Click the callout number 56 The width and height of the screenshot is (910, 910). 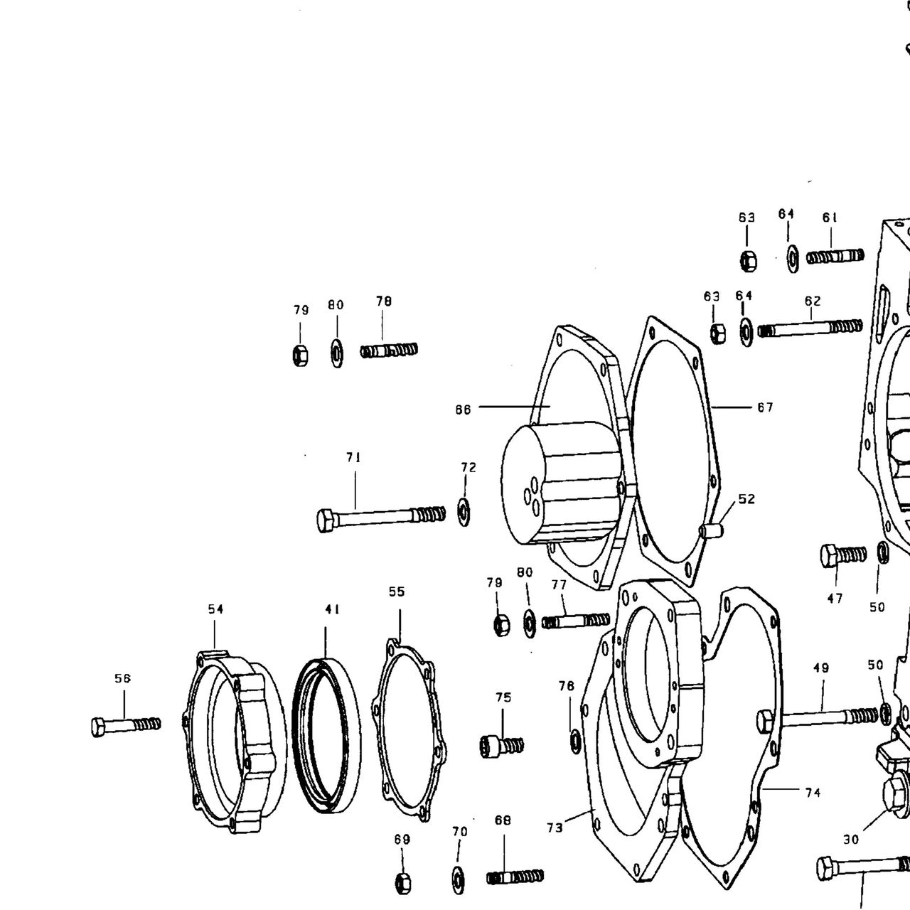click(x=122, y=679)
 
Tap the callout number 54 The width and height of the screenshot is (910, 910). click(x=216, y=609)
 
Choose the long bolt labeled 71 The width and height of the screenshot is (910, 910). click(x=380, y=518)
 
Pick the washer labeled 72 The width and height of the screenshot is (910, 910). click(x=465, y=512)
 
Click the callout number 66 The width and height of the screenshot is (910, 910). click(x=464, y=410)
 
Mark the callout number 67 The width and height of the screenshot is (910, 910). click(x=766, y=407)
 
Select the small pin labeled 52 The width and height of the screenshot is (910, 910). click(x=712, y=530)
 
